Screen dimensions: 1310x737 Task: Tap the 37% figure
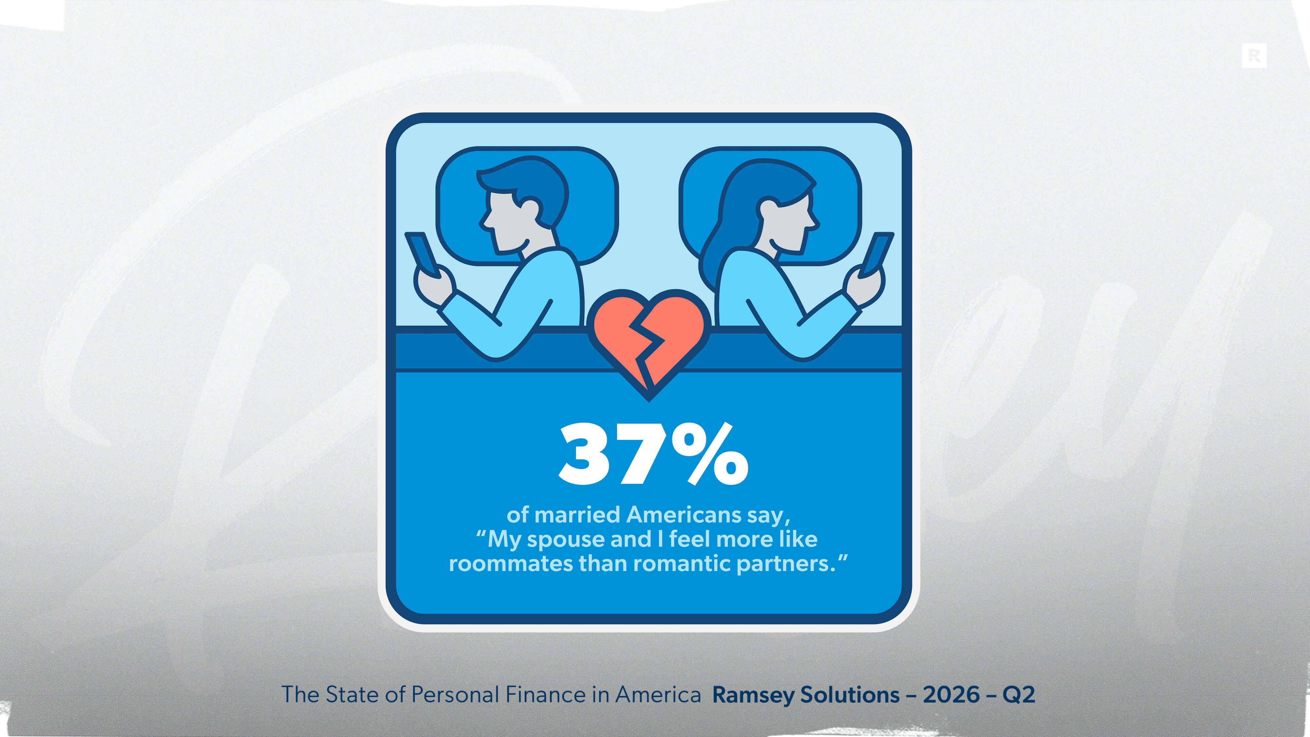pyautogui.click(x=653, y=454)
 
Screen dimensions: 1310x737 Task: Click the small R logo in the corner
pyautogui.click(x=1254, y=55)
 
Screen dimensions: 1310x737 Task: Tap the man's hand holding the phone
pyautogui.click(x=433, y=285)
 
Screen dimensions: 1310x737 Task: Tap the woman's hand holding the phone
pyautogui.click(x=866, y=285)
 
